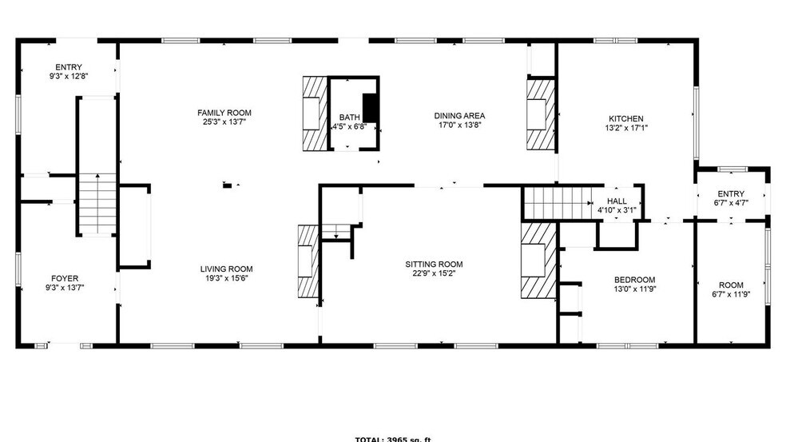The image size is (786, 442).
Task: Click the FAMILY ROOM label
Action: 224,113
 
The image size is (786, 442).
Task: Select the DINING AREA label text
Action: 461,115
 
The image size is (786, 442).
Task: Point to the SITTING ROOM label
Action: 434,265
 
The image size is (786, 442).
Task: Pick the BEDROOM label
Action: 634,279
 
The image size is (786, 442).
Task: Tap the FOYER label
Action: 65,278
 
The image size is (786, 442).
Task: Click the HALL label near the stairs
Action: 617,201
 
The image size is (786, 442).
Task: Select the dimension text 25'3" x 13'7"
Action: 224,122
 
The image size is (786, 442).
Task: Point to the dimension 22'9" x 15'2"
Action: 434,274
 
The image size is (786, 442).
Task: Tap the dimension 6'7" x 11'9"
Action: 730,294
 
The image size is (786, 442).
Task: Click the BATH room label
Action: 349,117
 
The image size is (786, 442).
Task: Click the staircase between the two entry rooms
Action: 97,204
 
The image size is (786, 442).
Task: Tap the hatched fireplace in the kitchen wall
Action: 541,112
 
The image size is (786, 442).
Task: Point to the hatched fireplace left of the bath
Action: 314,113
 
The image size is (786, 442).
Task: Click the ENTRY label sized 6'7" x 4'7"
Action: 731,193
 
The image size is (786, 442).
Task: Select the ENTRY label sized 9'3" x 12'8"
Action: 69,67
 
